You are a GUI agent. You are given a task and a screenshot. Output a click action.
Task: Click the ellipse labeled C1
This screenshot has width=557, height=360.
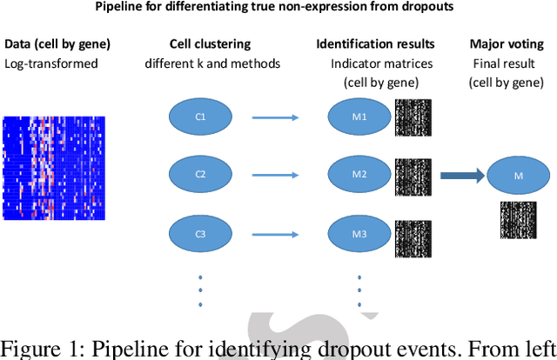201,117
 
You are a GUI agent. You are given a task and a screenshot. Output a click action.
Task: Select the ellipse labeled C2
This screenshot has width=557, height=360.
201,175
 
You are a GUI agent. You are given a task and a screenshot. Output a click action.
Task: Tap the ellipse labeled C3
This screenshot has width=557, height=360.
201,234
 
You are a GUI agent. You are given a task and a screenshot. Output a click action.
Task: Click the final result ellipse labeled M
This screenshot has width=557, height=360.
519,177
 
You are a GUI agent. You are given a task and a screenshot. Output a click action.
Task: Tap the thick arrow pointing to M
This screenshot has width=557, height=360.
461,176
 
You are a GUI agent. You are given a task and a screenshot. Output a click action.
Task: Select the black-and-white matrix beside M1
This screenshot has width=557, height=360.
413,117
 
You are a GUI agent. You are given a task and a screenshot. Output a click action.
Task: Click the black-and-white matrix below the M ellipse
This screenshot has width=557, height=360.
519,220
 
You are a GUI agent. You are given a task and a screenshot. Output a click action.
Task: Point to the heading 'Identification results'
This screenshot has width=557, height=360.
376,43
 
